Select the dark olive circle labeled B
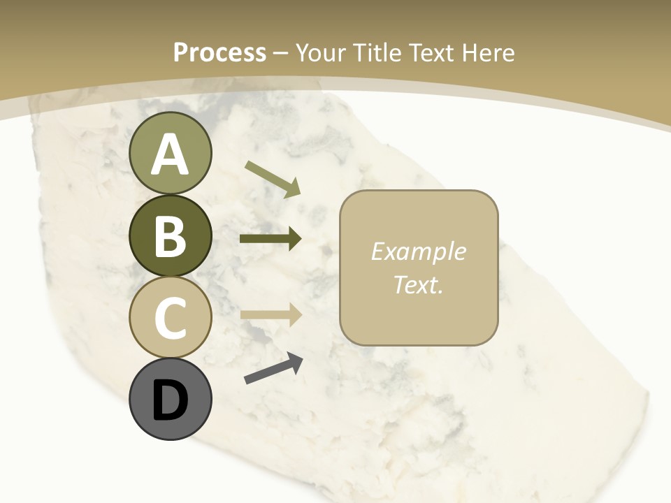[x=170, y=236]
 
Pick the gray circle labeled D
[x=170, y=399]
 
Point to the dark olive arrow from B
[x=270, y=239]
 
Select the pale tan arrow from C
[x=270, y=315]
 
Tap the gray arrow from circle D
[x=273, y=369]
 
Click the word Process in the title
[x=219, y=52]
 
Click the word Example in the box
[x=418, y=251]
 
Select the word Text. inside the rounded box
[x=418, y=284]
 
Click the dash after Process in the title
[x=281, y=53]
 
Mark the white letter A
[x=170, y=154]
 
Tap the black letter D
[x=170, y=402]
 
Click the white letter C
[x=170, y=318]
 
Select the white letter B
[x=170, y=236]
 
